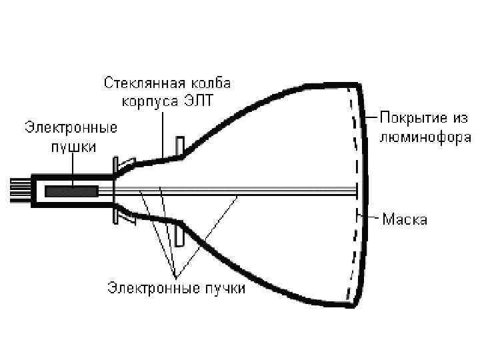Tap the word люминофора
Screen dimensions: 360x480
pos(425,137)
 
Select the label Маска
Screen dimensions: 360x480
pos(405,219)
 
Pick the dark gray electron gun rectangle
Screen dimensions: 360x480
pos(71,191)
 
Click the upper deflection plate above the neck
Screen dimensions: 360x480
pos(179,149)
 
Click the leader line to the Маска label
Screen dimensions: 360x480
pos(371,217)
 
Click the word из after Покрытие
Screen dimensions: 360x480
pos(460,119)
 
